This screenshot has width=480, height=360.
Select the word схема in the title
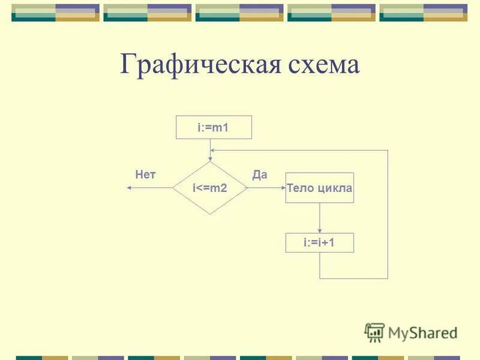322,65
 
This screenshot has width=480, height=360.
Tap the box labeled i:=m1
213,127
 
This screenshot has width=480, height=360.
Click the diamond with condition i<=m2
210,188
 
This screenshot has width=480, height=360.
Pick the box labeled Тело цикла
319,188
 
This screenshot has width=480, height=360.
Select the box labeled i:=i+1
319,242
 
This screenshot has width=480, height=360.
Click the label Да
259,175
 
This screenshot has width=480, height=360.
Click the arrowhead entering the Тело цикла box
282,188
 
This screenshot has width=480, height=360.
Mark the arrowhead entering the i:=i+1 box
319,230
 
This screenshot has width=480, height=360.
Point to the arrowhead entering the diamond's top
210,158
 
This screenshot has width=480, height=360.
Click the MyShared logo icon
374,332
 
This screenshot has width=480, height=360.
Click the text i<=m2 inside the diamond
210,188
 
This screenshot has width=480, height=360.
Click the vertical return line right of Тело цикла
388,216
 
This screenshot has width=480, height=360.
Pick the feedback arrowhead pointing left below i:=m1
214,150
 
